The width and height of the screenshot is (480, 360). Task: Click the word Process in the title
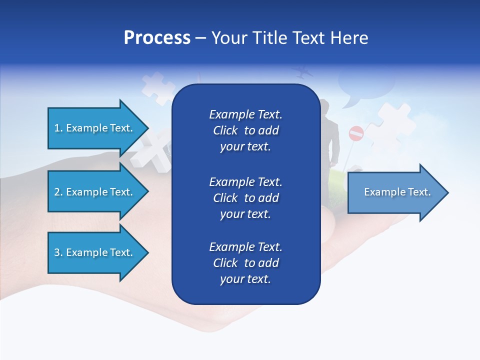click(x=157, y=38)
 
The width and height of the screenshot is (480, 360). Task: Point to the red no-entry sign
click(x=356, y=133)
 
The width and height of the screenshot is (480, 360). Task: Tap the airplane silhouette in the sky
click(x=302, y=71)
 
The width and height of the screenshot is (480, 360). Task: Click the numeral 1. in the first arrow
click(x=58, y=128)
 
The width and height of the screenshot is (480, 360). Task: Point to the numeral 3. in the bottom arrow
click(x=58, y=252)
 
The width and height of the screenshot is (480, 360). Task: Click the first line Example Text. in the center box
click(x=245, y=114)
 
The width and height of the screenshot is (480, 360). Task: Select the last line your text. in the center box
click(x=245, y=279)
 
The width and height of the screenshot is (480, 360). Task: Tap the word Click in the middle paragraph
click(x=225, y=198)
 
